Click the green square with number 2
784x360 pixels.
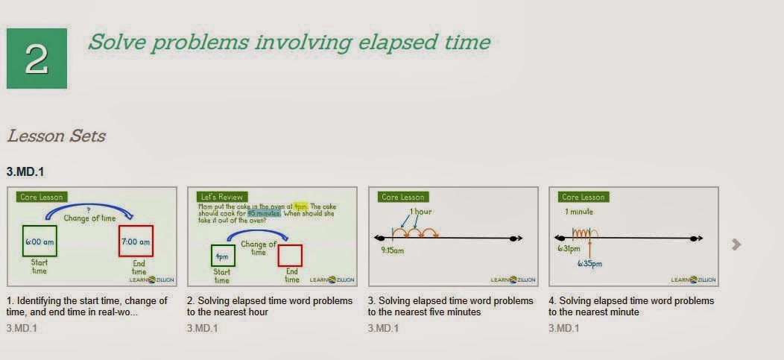point(37,59)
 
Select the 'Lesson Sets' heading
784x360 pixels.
point(56,136)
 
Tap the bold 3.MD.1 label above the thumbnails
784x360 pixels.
point(25,172)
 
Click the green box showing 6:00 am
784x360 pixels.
point(39,241)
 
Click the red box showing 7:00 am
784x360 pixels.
point(136,241)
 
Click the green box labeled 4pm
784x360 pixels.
point(222,256)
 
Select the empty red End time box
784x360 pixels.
point(290,256)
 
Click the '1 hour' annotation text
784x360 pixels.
point(420,212)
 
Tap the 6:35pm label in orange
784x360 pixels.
point(591,263)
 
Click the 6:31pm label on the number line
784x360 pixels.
point(569,249)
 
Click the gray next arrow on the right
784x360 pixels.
point(736,244)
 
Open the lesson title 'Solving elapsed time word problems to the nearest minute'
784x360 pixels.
point(630,306)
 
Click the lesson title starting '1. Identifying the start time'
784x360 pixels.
point(87,306)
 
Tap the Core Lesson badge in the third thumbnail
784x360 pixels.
point(402,197)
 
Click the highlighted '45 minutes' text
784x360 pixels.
point(264,212)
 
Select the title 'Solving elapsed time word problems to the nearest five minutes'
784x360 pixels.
point(450,306)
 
